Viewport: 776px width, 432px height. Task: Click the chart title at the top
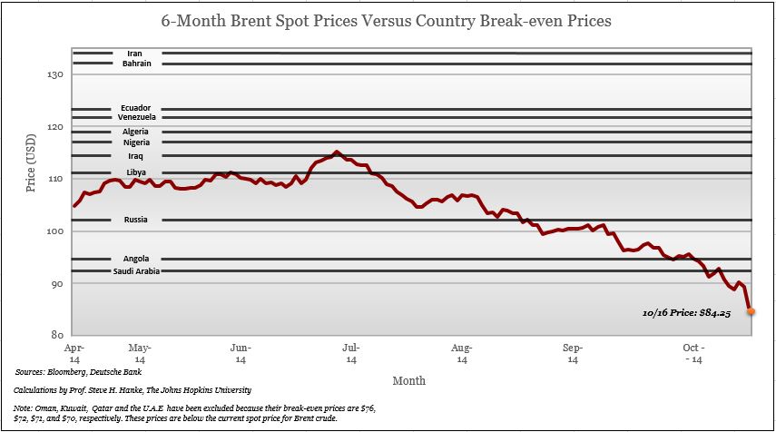pyautogui.click(x=387, y=19)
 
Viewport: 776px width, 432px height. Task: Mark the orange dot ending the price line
pyautogui.click(x=751, y=311)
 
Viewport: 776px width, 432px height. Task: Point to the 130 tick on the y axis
pyautogui.click(x=55, y=74)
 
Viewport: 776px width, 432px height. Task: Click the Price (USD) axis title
pyautogui.click(x=32, y=166)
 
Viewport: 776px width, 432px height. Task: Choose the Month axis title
pyautogui.click(x=409, y=380)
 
